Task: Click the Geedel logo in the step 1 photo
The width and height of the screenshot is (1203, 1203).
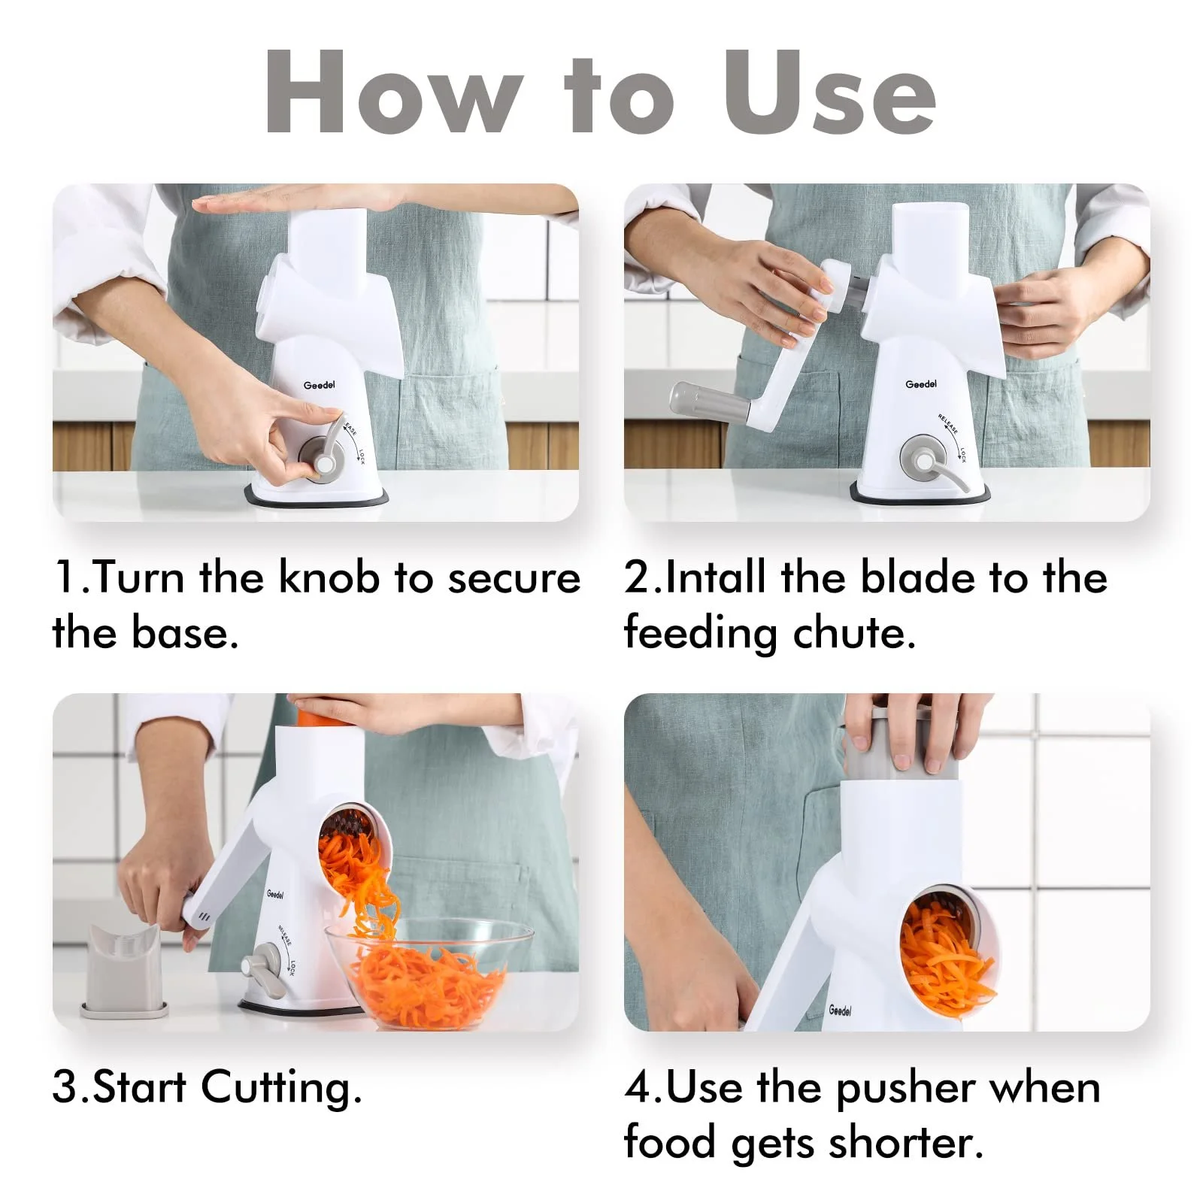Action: (x=319, y=385)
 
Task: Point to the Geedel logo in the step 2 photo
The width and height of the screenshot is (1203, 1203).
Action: (x=921, y=384)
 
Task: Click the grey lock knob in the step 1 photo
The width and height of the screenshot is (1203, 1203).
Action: (x=325, y=454)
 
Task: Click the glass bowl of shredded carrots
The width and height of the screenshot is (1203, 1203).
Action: (x=428, y=973)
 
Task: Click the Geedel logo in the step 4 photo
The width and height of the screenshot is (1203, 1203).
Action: (x=840, y=1011)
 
